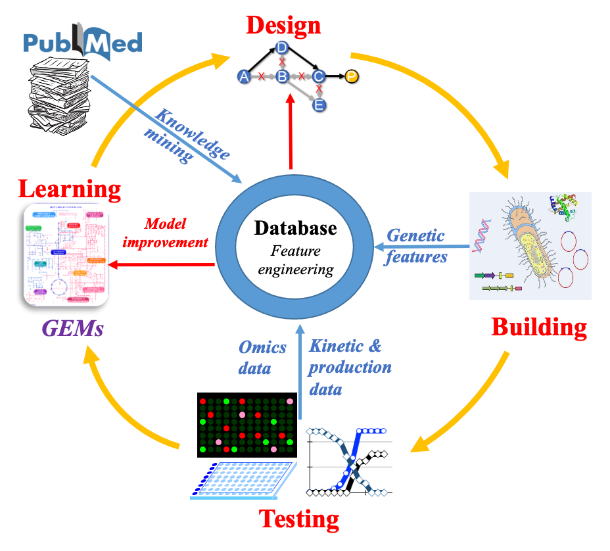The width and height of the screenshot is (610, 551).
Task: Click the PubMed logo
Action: point(83,41)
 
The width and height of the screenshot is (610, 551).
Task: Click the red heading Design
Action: point(283,25)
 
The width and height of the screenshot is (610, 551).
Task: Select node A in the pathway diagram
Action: point(245,77)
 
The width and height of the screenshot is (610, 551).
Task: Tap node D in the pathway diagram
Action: point(281,47)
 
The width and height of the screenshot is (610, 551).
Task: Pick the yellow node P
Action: point(352,77)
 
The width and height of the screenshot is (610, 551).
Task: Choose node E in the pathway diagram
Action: point(319,105)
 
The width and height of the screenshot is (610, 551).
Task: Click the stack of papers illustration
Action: point(59,96)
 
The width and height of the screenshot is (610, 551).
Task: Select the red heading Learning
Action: point(70,189)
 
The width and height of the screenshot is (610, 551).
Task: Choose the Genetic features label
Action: point(416,246)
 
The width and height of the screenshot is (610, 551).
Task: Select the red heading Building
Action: point(538,327)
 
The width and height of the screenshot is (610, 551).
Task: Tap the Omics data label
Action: point(262,357)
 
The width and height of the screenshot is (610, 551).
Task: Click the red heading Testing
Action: point(299,519)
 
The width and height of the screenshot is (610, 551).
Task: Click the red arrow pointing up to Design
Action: point(290,132)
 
